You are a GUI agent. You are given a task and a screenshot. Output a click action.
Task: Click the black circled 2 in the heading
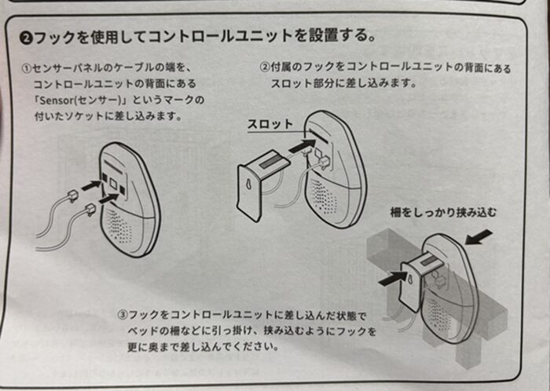(x=26, y=36)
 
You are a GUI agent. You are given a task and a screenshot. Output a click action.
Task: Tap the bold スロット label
(x=269, y=124)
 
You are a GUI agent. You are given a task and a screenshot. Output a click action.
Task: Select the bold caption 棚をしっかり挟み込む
(x=444, y=212)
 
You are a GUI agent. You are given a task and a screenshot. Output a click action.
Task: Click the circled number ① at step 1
(x=27, y=68)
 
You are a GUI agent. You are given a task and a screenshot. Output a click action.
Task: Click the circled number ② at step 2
(x=266, y=68)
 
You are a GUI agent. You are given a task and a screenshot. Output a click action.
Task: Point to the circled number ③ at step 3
(x=123, y=316)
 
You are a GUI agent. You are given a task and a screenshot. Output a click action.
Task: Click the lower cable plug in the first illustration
(x=89, y=207)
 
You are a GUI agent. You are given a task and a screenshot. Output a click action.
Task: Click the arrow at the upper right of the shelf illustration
(x=482, y=236)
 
